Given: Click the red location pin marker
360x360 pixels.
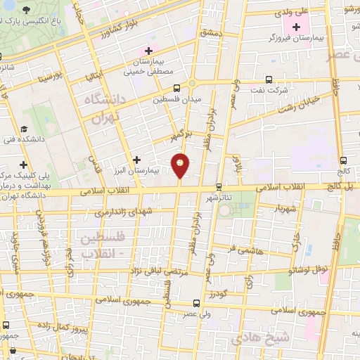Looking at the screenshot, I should click(x=181, y=166).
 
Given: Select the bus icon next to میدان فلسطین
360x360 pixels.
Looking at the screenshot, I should click(x=176, y=89).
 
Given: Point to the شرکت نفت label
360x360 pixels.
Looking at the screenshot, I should click(x=288, y=89).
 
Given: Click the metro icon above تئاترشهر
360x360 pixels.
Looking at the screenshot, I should click(x=219, y=186).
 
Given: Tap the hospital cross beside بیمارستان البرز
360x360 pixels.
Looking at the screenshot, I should click(x=136, y=160).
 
